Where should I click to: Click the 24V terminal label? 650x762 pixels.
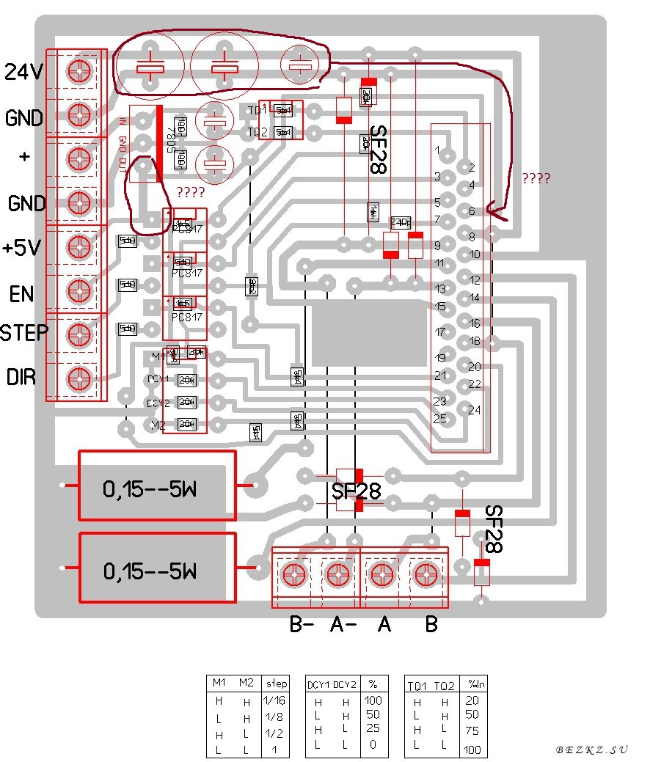point(23,72)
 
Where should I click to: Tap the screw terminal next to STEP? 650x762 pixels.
point(77,334)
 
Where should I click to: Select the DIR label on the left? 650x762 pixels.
point(21,378)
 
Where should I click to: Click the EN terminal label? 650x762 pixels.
point(21,294)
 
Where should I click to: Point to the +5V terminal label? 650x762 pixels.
point(23,248)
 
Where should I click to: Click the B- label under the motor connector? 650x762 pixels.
point(302,624)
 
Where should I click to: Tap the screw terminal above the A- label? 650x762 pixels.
point(337,574)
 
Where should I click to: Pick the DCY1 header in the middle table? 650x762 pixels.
point(318,685)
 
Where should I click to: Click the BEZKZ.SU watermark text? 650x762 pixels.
point(591,750)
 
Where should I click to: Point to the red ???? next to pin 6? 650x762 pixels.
point(536,178)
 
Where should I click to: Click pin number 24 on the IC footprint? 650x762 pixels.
point(474,410)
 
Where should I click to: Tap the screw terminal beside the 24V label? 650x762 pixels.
point(77,71)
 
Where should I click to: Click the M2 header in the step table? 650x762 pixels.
point(245,684)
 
